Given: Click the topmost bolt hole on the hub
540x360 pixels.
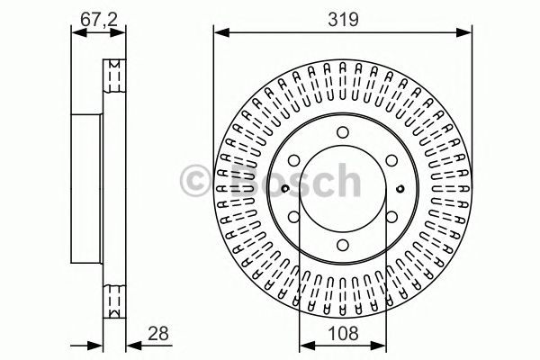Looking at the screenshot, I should click(x=343, y=134).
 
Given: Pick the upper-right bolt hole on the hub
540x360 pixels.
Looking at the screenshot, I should click(x=390, y=162).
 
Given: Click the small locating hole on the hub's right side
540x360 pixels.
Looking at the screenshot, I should click(x=400, y=188).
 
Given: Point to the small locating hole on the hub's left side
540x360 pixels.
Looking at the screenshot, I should click(x=284, y=188).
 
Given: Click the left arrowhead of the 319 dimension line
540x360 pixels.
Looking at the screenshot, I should click(x=219, y=33).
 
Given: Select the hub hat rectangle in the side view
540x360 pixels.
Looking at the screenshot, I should click(x=88, y=188).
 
